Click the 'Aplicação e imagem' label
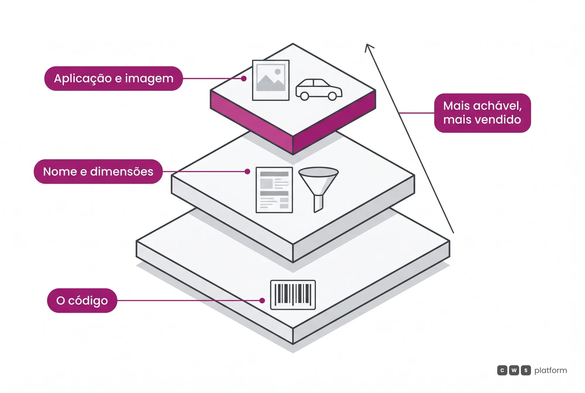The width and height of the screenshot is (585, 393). [x=113, y=78]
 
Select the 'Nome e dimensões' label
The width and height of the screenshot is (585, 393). [x=98, y=172]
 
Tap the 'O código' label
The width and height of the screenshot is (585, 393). [x=82, y=300]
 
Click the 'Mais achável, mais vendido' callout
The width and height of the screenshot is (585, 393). [x=482, y=113]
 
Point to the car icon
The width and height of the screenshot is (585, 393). [x=319, y=90]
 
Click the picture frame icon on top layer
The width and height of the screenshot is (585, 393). [x=271, y=80]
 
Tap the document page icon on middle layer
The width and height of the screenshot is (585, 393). [x=274, y=190]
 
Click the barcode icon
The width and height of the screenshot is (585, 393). [x=293, y=295]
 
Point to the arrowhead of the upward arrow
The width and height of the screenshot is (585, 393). [x=367, y=45]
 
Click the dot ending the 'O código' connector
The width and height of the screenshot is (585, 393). [x=262, y=300]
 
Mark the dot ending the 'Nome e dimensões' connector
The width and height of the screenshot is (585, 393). [x=247, y=172]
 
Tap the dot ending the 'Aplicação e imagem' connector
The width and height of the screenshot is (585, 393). [x=244, y=78]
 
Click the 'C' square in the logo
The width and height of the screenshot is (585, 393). [x=502, y=370]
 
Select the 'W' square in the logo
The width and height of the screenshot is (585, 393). [x=514, y=370]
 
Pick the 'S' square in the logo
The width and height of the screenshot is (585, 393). [x=526, y=370]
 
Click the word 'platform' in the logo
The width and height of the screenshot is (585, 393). [x=550, y=371]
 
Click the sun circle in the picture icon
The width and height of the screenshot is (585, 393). [x=278, y=72]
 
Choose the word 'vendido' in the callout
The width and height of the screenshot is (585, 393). [x=499, y=119]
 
